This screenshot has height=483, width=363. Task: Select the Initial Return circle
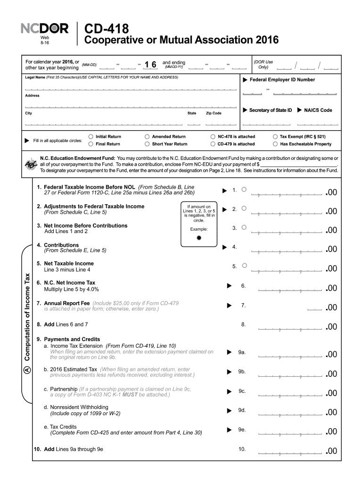click(x=91, y=136)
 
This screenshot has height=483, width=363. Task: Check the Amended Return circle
click(x=148, y=136)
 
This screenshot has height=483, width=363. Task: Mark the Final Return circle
click(x=91, y=144)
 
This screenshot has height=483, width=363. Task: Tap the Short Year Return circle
click(x=148, y=144)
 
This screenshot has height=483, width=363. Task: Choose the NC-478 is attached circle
click(x=213, y=136)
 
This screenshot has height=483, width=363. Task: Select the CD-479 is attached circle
click(x=213, y=144)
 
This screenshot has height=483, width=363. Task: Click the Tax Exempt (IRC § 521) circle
click(x=275, y=136)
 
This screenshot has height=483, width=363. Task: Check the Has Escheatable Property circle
click(x=275, y=144)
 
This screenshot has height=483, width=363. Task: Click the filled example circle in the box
click(x=199, y=238)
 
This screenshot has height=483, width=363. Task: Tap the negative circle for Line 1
click(x=244, y=189)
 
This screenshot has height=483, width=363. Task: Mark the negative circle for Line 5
click(x=244, y=266)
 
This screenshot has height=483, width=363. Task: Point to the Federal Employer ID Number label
click(x=282, y=80)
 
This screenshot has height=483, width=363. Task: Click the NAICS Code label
click(x=318, y=110)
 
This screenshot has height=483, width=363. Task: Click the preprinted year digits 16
click(x=150, y=65)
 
